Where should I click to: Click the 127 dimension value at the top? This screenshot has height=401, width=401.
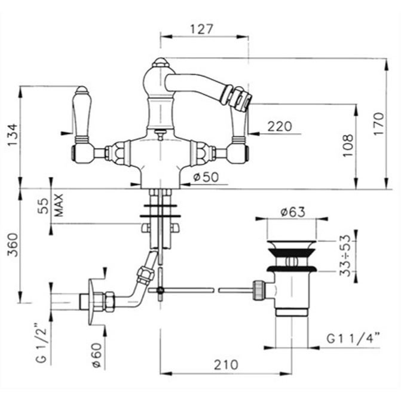[x=203, y=28]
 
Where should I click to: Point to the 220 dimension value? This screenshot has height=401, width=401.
[x=280, y=126]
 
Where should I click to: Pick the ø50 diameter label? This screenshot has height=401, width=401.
[x=207, y=177]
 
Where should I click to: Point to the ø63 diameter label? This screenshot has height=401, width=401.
[x=293, y=212]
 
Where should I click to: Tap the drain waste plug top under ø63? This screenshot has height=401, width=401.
[x=292, y=245]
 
